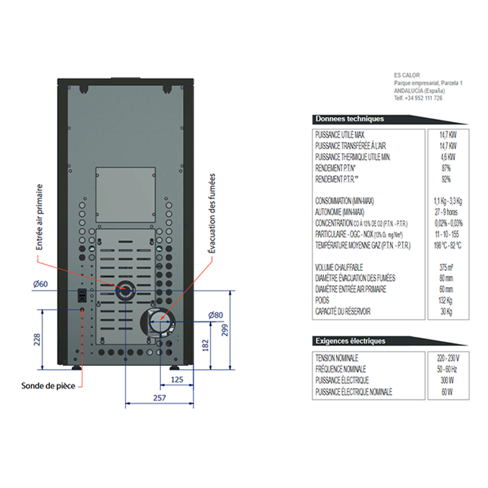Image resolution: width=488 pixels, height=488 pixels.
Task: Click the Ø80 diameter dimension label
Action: pyautogui.click(x=215, y=315)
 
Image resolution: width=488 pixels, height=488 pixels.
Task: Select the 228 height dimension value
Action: pyautogui.click(x=37, y=339)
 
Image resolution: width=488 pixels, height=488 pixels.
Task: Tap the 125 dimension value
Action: pyautogui.click(x=177, y=380)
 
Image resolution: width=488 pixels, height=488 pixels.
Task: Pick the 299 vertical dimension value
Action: pyautogui.click(x=225, y=330)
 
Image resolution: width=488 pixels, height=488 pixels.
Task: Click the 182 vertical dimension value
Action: pyautogui.click(x=205, y=345)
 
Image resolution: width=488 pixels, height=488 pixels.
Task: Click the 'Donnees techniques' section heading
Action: pyautogui.click(x=350, y=119)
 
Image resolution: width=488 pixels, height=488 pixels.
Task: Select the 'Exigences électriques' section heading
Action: pyautogui.click(x=350, y=340)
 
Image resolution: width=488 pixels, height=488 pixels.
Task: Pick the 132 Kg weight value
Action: pyautogui.click(x=444, y=301)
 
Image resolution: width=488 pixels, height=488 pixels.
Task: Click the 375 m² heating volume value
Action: pyautogui.click(x=444, y=267)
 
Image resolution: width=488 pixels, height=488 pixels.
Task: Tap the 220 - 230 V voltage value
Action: pyautogui.click(x=444, y=357)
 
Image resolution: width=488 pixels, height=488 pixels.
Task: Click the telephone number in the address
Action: pyautogui.click(x=418, y=98)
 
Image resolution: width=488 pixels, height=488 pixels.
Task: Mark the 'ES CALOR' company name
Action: pyautogui.click(x=407, y=75)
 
